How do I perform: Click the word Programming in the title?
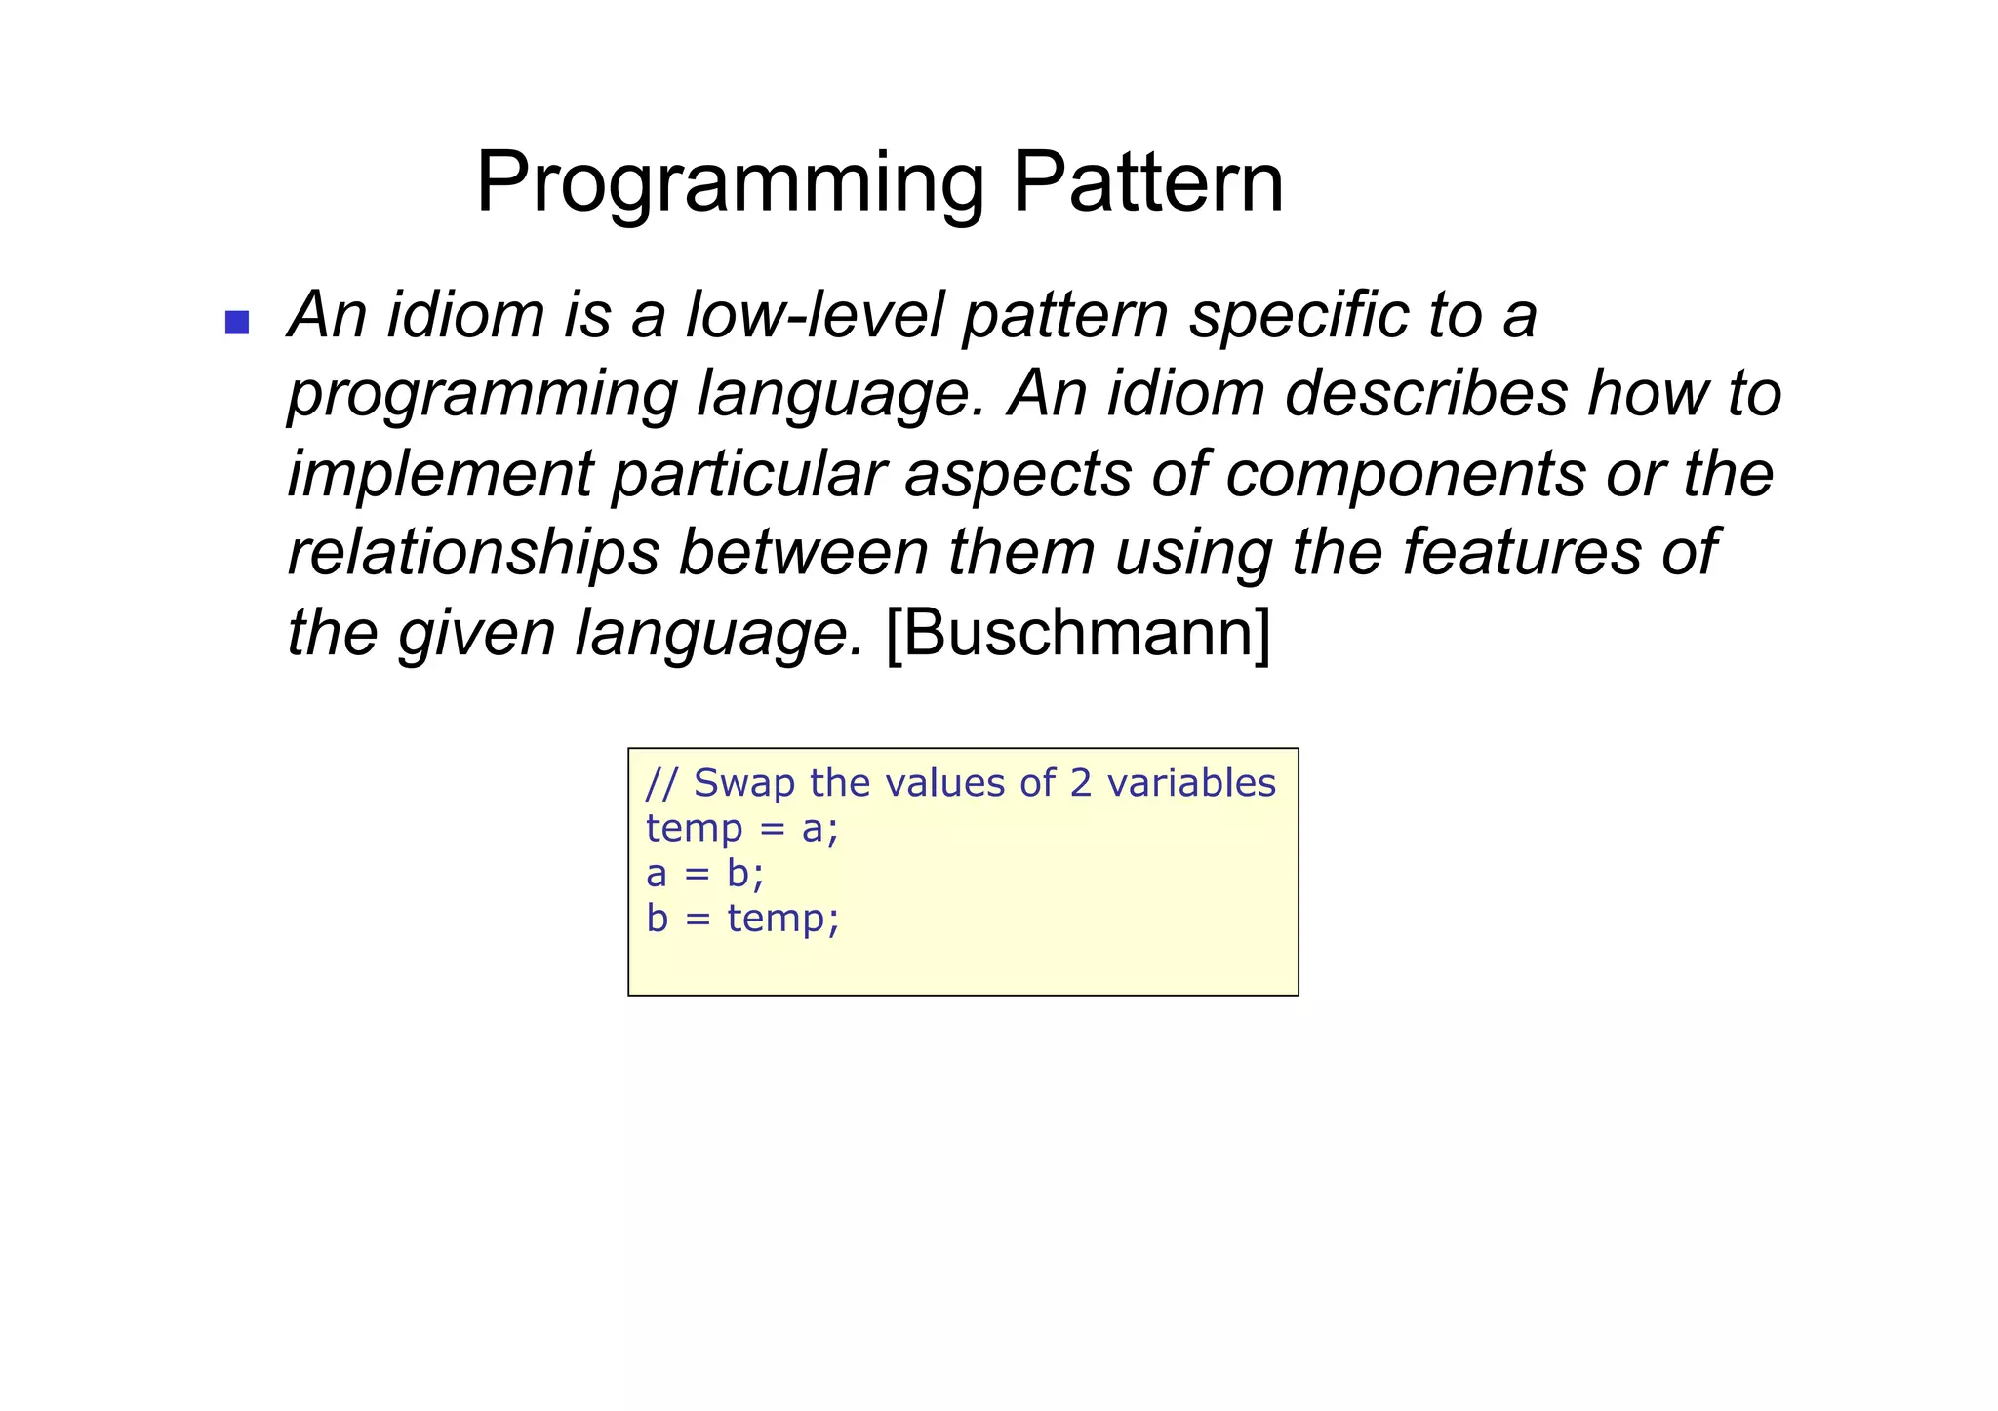click(x=730, y=183)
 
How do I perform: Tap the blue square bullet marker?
click(x=237, y=322)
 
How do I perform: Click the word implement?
click(x=440, y=475)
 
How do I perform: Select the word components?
click(x=1405, y=475)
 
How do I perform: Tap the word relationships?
click(x=473, y=552)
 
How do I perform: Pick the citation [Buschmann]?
click(x=1078, y=633)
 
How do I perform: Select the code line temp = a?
click(x=741, y=829)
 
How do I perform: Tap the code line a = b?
click(x=704, y=874)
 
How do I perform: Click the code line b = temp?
click(x=741, y=919)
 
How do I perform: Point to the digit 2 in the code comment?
click(x=1080, y=784)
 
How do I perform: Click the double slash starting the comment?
click(x=661, y=784)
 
